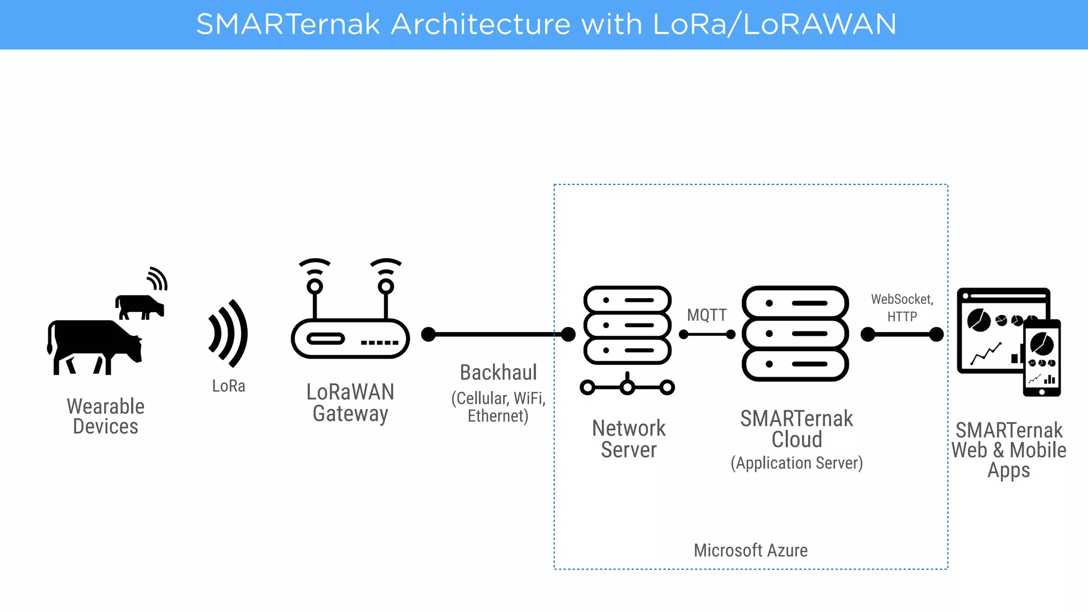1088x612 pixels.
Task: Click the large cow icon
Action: [93, 345]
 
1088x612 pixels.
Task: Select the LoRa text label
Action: [228, 386]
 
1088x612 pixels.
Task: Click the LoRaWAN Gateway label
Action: [350, 403]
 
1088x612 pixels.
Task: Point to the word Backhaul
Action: [498, 372]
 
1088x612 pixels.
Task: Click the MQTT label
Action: [707, 315]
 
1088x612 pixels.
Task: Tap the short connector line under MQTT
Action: [707, 334]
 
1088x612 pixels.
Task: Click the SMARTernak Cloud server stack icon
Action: [795, 334]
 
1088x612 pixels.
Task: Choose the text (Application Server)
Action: [796, 463]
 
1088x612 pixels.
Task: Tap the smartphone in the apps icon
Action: [1042, 358]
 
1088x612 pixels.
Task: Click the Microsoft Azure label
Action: [750, 550]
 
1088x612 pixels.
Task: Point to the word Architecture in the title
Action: [480, 24]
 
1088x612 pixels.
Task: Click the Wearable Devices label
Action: [106, 416]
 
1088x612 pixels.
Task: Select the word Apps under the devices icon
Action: [1008, 471]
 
